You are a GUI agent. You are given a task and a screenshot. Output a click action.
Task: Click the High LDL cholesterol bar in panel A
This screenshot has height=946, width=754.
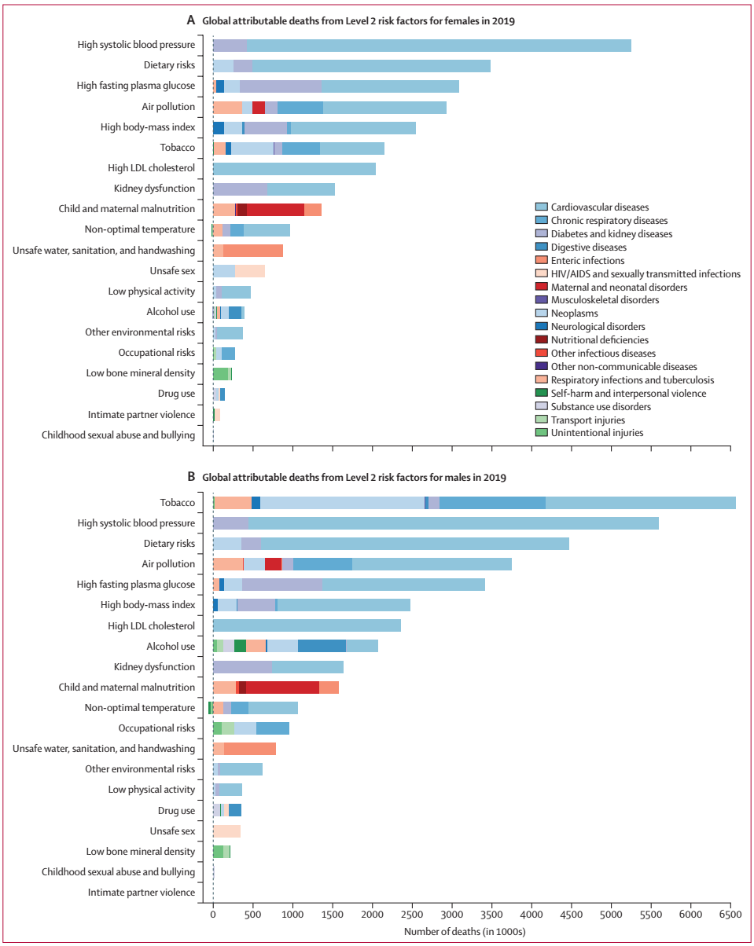[294, 168]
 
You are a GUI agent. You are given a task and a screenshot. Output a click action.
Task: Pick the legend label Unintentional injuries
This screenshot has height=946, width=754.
[598, 433]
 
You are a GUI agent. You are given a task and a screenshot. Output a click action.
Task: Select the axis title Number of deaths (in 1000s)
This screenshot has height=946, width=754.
[464, 933]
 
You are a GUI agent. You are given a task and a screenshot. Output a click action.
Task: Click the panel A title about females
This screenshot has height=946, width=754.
[358, 21]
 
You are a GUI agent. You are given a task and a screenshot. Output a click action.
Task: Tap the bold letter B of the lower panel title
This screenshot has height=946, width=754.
[191, 477]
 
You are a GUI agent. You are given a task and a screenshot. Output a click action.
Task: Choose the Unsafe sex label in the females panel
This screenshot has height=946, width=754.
[172, 271]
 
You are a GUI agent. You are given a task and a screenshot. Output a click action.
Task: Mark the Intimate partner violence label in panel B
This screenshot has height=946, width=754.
[142, 893]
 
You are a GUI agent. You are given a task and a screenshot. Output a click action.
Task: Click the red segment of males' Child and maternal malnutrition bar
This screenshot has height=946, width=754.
[282, 687]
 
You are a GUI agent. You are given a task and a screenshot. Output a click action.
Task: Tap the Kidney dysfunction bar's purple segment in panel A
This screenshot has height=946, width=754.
[239, 189]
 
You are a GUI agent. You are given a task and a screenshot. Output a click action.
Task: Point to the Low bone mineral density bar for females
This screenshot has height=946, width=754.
[221, 373]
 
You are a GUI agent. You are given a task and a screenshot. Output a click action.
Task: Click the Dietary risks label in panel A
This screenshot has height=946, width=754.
[169, 65]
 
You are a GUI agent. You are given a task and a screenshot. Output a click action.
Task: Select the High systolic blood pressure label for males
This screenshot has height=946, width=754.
[136, 523]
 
